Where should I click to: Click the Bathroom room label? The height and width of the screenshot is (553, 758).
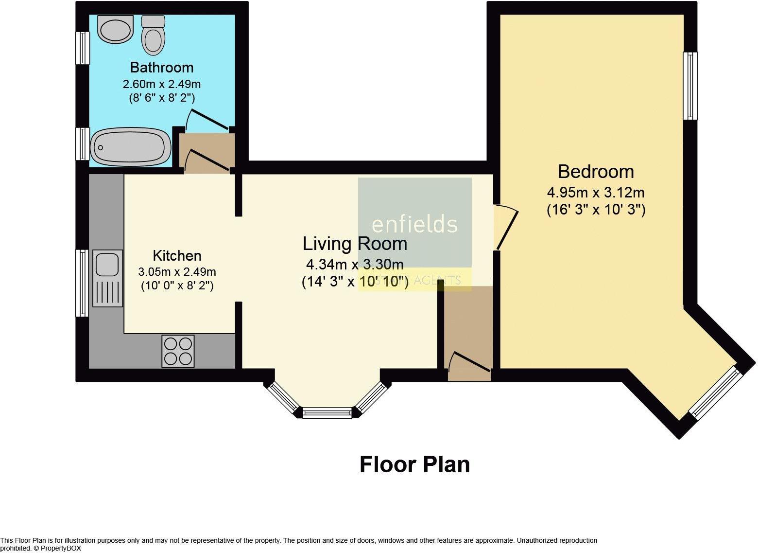click(162, 68)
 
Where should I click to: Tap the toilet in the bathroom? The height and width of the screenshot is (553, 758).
click(153, 35)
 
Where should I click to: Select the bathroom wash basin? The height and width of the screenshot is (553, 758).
click(115, 29)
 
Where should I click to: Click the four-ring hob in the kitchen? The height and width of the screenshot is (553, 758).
click(178, 351)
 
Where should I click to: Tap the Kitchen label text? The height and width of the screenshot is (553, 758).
click(177, 256)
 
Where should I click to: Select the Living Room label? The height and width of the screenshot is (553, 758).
click(355, 244)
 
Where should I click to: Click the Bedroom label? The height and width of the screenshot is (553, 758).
click(596, 172)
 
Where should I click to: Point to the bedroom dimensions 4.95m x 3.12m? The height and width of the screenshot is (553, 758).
click(596, 193)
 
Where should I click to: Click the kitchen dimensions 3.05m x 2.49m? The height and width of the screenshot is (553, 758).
click(177, 271)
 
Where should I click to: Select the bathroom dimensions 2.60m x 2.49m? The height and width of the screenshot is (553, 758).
click(162, 84)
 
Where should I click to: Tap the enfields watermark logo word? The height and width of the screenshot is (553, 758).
click(414, 224)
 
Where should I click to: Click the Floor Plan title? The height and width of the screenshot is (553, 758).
click(414, 464)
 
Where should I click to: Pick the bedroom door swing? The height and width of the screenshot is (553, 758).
click(506, 226)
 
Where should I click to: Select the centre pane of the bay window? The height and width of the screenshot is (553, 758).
click(327, 412)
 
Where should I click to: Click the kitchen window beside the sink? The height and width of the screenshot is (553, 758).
click(82, 283)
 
